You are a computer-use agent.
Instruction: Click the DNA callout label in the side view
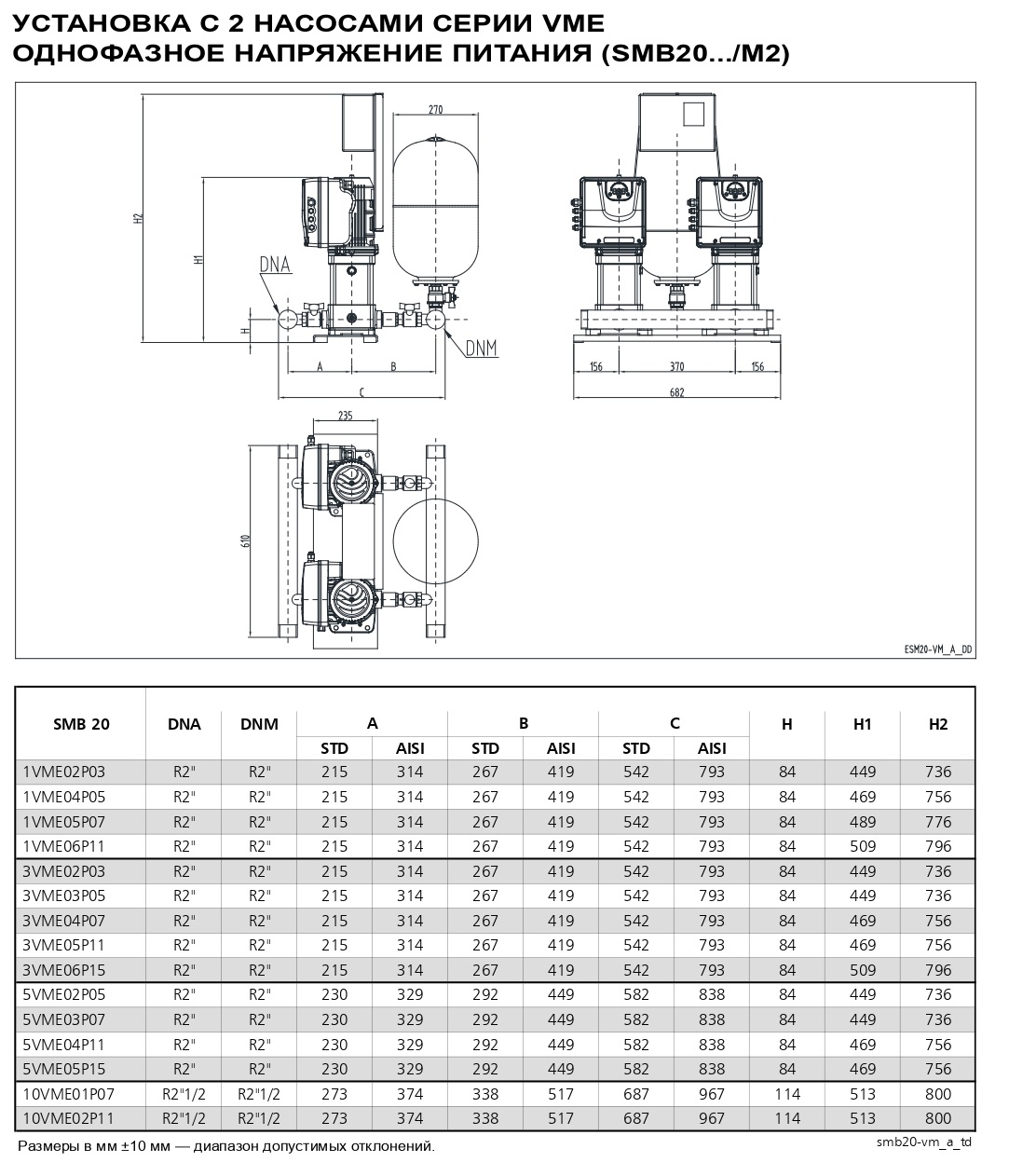point(275,265)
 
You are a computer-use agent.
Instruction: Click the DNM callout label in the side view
point(481,348)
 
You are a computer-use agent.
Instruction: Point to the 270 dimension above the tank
point(435,110)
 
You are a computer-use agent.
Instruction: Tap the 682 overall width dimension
point(676,392)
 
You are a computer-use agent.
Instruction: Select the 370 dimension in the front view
point(676,366)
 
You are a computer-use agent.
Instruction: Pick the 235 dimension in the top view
point(345,417)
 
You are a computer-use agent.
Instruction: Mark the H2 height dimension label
point(138,217)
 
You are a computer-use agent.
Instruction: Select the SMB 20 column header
point(81,724)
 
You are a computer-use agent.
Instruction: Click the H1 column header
point(863,724)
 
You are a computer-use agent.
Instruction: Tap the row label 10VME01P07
point(68,1093)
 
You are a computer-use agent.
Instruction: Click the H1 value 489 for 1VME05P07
point(863,822)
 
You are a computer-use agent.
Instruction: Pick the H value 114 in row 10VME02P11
point(787,1118)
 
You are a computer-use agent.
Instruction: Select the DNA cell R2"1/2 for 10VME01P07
point(184,1093)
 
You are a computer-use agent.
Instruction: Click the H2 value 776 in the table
point(938,822)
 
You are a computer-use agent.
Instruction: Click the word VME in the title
point(571,22)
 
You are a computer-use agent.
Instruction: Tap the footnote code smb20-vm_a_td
point(924,1142)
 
